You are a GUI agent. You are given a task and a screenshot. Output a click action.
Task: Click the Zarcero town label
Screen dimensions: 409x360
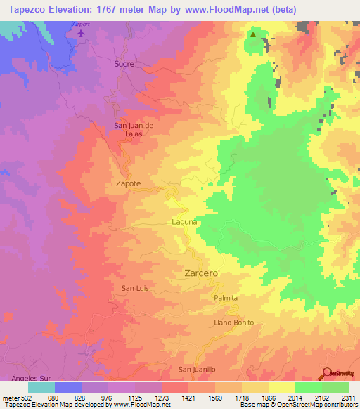pyautogui.click(x=201, y=272)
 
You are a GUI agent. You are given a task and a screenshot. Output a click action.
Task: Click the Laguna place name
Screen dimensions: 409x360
pyautogui.click(x=184, y=222)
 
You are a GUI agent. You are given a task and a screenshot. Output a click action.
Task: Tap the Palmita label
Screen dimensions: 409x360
pyautogui.click(x=226, y=298)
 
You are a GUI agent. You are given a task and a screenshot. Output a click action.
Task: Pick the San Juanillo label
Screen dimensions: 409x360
pyautogui.click(x=196, y=369)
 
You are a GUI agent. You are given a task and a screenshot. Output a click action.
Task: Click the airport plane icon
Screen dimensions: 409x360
pyautogui.click(x=82, y=33)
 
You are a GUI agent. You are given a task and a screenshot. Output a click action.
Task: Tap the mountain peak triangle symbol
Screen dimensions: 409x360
pyautogui.click(x=252, y=32)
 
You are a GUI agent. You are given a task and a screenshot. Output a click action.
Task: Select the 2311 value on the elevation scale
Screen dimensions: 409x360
pyautogui.click(x=348, y=398)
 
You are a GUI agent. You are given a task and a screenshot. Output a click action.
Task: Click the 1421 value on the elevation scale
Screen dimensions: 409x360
pyautogui.click(x=188, y=398)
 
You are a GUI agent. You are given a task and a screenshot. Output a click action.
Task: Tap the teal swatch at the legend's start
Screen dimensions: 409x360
pyautogui.click(x=41, y=387)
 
